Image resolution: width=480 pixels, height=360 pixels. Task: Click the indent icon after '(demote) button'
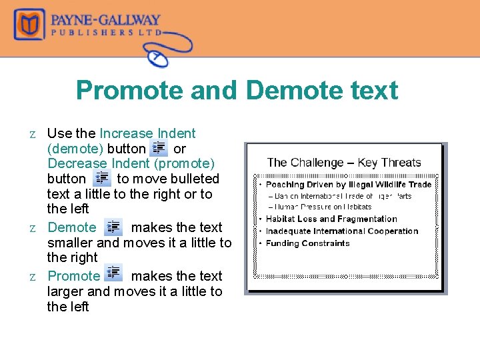(159, 149)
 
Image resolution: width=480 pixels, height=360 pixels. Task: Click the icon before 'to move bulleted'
(102, 178)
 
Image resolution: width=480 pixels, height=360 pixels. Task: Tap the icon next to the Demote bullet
(113, 227)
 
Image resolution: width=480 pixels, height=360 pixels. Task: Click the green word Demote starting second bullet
(72, 227)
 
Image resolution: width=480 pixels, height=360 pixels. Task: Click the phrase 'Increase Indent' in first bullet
(147, 133)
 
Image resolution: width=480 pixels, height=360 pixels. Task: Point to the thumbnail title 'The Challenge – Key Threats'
(344, 162)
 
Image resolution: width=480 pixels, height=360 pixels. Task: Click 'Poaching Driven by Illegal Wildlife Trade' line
(349, 184)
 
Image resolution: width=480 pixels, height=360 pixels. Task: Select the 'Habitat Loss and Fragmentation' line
(331, 219)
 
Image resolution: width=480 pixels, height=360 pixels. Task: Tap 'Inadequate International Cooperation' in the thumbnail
(342, 231)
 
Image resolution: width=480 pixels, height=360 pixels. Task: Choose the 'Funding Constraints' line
(307, 243)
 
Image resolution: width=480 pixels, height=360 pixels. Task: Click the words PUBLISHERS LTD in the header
(107, 31)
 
